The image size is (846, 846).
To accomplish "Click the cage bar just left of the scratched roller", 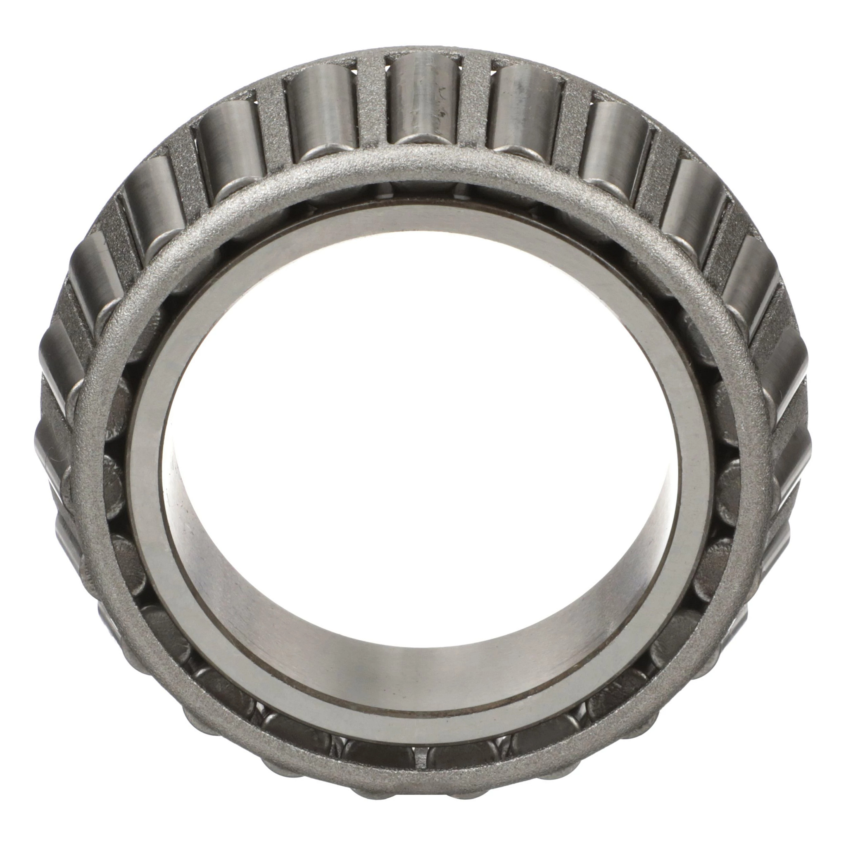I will click(372, 105).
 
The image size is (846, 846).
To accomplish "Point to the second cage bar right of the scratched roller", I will click(574, 123).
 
